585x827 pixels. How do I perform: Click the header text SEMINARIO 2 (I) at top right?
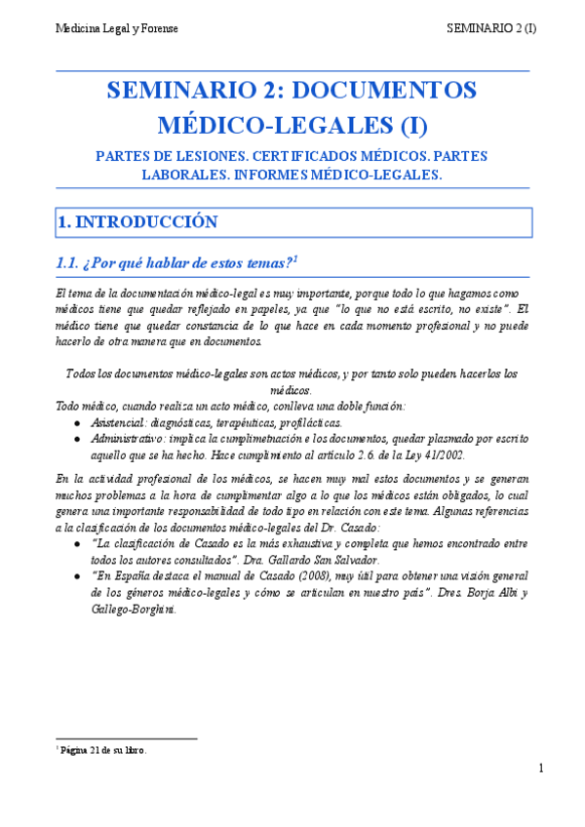[491, 29]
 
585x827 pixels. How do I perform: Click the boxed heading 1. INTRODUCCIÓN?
[137, 222]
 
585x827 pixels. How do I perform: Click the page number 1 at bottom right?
[539, 770]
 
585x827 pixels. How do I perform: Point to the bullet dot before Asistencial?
[78, 424]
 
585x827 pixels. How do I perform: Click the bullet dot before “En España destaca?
[78, 577]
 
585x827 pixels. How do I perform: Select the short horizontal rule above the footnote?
[127, 739]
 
